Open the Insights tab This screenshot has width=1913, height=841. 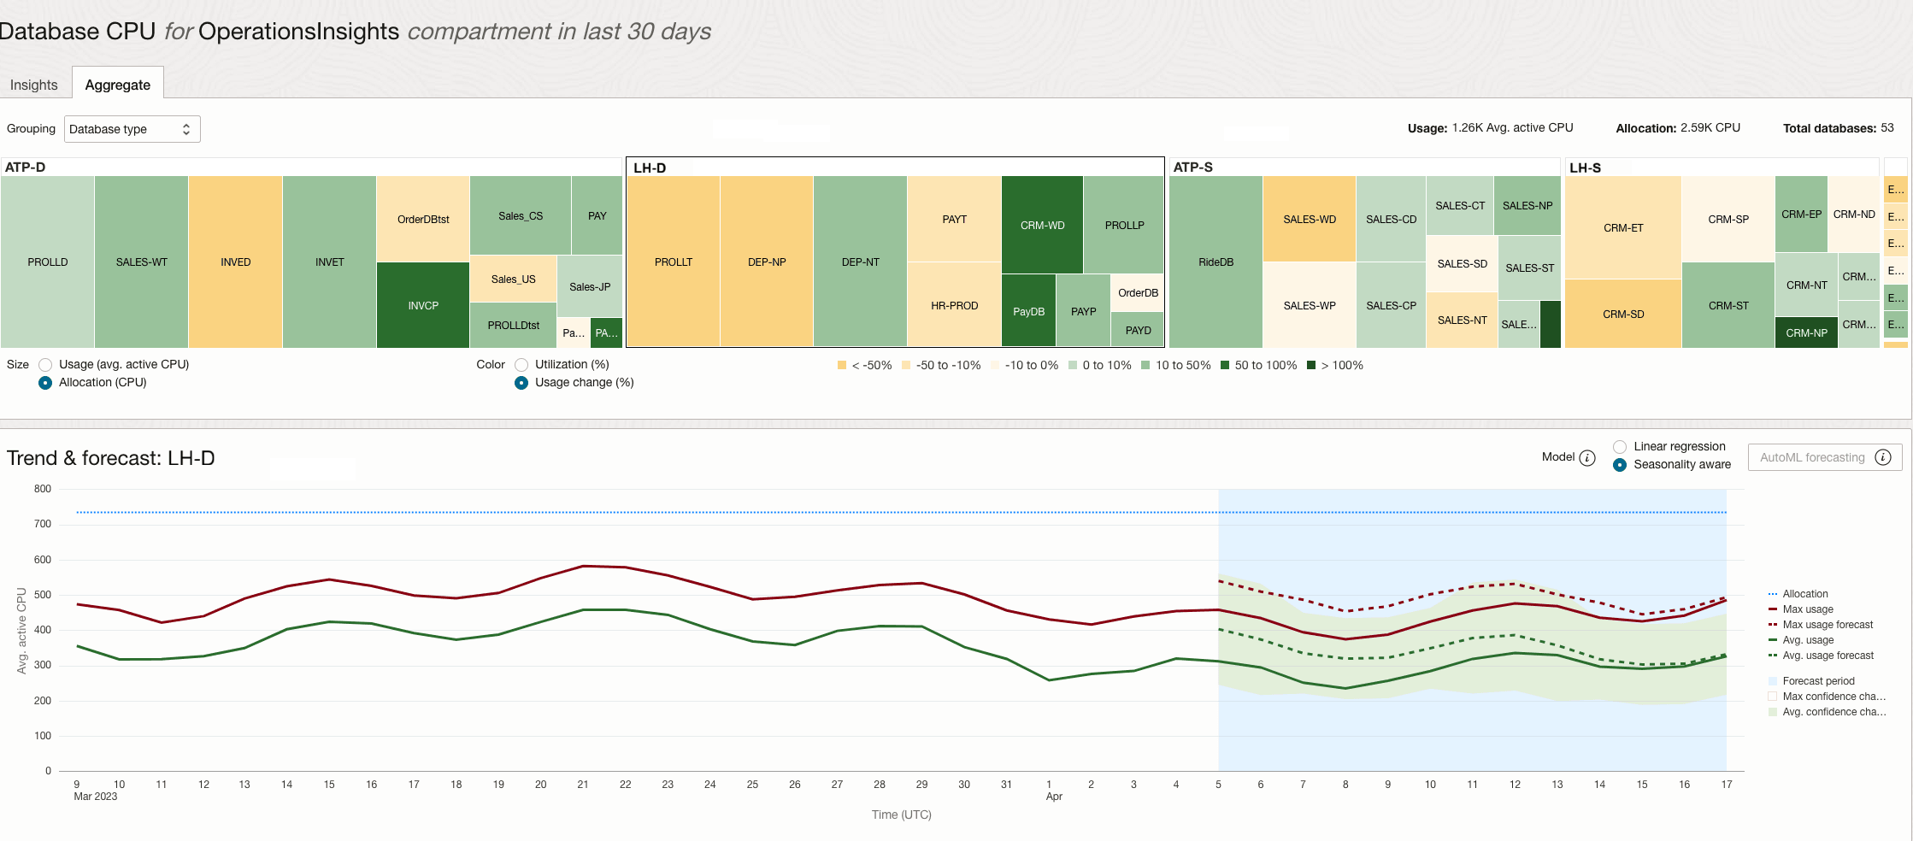point(34,85)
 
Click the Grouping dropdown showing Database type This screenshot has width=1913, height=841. point(132,129)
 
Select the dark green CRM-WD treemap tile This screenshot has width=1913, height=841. point(1042,225)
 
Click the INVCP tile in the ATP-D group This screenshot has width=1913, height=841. point(422,305)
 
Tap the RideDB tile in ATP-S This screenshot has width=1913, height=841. point(1215,262)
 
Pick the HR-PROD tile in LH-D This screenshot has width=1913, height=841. point(954,305)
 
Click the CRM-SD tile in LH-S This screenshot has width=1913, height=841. point(1622,314)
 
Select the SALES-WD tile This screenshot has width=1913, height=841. point(1309,219)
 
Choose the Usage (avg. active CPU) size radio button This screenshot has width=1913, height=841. point(46,365)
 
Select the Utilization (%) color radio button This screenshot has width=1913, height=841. point(521,365)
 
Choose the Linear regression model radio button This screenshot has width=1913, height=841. point(1619,447)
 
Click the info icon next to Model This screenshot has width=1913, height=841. point(1587,457)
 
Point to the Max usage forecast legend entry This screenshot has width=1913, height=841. point(1827,625)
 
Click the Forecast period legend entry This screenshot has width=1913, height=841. point(1817,681)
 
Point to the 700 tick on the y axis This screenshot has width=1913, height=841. point(43,524)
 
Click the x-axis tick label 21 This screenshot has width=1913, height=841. point(583,784)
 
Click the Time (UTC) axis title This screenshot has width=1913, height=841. point(901,815)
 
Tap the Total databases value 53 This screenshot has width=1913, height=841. point(1887,127)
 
